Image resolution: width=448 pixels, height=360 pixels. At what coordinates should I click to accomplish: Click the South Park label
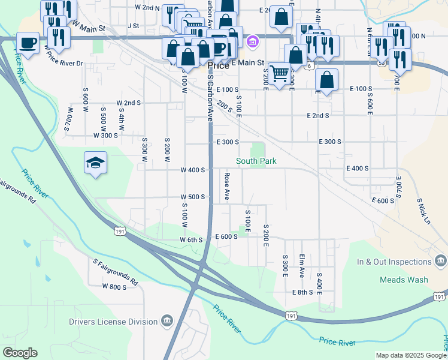(256, 161)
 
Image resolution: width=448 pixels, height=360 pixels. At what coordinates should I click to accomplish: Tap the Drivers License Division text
(114, 322)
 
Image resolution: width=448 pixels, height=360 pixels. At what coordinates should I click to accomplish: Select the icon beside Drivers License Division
(167, 322)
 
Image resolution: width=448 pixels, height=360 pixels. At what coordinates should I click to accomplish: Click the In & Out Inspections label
(394, 262)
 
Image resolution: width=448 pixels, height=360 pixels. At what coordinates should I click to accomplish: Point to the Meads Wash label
(404, 280)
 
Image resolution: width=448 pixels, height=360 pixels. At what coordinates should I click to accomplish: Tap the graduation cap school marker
(95, 163)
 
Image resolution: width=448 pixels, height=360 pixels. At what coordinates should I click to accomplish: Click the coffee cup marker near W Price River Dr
(28, 43)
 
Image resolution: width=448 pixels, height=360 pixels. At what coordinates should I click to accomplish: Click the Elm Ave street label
(302, 266)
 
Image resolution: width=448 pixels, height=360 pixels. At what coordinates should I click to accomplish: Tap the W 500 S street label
(193, 197)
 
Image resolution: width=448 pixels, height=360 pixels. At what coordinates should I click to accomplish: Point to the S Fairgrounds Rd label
(115, 272)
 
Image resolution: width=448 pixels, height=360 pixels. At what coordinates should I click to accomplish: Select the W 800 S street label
(114, 287)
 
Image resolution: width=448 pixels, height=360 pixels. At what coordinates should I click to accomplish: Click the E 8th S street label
(302, 292)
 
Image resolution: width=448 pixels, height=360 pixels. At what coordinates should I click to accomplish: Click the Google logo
(20, 353)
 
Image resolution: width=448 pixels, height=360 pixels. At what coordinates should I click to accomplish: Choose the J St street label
(133, 26)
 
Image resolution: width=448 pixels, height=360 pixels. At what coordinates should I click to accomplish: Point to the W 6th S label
(192, 239)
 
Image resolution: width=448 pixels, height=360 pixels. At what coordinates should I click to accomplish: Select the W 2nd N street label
(147, 7)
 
